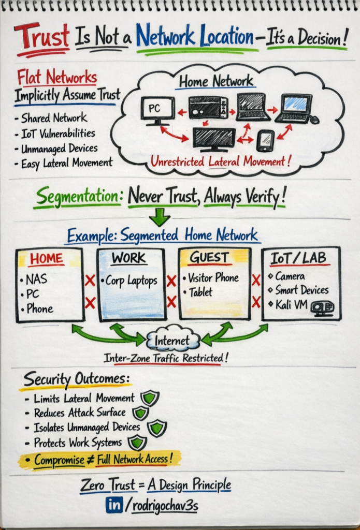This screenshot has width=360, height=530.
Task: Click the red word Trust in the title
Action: point(42,36)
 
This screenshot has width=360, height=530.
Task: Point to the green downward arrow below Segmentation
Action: point(160,217)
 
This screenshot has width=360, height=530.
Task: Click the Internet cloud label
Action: point(172,341)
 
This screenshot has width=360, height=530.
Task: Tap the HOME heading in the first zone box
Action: point(47,259)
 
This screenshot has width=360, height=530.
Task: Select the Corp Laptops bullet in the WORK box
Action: point(129,281)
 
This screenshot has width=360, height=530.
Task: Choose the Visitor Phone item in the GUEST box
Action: point(211,278)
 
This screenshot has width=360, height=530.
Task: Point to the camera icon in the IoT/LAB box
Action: point(323,308)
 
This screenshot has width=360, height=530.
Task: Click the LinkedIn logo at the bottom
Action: point(114,505)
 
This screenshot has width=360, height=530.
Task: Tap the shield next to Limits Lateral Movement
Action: point(150,398)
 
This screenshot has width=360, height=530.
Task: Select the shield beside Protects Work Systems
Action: point(137,443)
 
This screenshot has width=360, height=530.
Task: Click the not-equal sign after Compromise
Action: point(90,460)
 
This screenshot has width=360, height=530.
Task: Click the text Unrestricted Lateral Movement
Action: point(221,161)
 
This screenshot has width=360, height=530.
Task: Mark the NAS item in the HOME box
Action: point(34,279)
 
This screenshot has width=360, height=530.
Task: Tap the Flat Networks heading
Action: point(57,77)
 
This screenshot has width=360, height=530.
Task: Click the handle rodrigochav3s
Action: point(165,506)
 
